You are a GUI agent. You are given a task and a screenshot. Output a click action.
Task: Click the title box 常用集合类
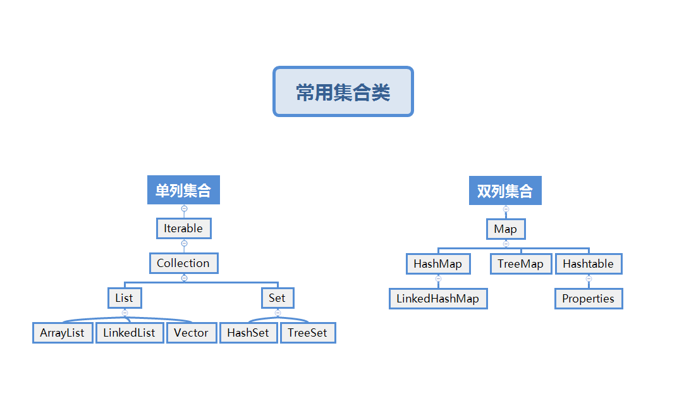(x=343, y=92)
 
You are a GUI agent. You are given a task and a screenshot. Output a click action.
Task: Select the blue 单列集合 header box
(x=183, y=190)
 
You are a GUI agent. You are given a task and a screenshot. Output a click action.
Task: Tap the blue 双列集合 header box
(x=505, y=190)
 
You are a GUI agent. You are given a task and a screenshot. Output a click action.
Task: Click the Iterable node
(x=183, y=228)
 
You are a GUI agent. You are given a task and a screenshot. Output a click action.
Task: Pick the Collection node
(x=183, y=263)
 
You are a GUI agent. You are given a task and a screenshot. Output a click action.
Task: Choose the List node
(x=124, y=298)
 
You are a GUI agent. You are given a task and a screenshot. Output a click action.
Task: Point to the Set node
(x=277, y=298)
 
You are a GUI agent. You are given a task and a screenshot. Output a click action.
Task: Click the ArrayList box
(x=62, y=333)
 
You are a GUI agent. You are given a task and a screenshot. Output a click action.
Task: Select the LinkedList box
(x=129, y=333)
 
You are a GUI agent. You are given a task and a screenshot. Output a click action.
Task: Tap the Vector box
(x=191, y=333)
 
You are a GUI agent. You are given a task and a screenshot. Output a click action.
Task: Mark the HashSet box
(x=248, y=333)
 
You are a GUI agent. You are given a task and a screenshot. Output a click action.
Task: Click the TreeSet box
(x=307, y=333)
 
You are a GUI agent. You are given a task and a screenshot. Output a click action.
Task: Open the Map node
(x=505, y=229)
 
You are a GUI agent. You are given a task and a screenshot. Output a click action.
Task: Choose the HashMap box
(x=437, y=264)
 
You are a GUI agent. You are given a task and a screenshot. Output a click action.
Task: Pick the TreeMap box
(x=520, y=264)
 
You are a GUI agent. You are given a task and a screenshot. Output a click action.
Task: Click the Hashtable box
(x=588, y=264)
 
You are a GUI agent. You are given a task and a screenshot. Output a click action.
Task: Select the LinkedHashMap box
(x=437, y=299)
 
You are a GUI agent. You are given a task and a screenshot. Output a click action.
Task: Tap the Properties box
(x=588, y=299)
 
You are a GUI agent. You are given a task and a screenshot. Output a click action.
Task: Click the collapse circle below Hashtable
(x=589, y=278)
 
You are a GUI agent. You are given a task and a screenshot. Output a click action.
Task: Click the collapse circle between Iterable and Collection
(x=184, y=243)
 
